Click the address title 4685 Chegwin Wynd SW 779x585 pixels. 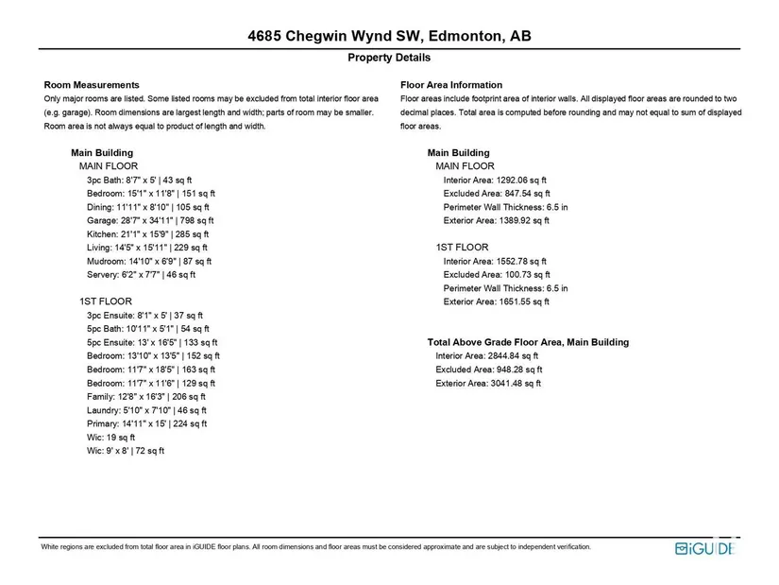click(389, 37)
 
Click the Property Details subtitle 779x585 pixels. click(389, 58)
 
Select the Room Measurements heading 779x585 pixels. click(92, 85)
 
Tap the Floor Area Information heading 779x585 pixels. click(451, 85)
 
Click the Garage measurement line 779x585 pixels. click(148, 220)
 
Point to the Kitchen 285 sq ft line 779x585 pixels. click(147, 234)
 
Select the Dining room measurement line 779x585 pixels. click(148, 207)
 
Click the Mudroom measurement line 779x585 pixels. click(149, 261)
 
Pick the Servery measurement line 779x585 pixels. click(141, 275)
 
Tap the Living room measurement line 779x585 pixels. click(148, 248)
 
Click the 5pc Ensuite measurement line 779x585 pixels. click(152, 342)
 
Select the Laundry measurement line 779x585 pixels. click(146, 410)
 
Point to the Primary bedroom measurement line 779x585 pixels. click(146, 424)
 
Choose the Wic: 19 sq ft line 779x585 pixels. click(110, 438)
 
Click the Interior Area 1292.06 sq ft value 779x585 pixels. click(495, 180)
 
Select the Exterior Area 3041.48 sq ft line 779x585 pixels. click(488, 384)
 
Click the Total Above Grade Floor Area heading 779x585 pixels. click(528, 342)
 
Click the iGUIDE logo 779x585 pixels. click(703, 549)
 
